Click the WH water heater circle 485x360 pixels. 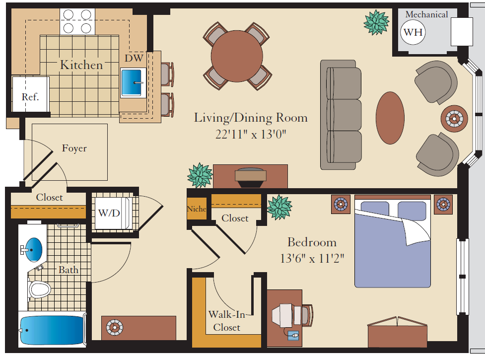413,33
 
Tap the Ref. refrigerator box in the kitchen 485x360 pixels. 30,97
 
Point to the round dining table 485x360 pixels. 237,56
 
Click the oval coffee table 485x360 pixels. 391,118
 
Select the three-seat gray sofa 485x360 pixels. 341,115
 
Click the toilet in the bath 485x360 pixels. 40,289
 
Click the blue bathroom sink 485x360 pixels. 34,249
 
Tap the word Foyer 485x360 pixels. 74,148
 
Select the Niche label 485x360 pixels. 197,209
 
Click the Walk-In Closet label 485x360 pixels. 226,321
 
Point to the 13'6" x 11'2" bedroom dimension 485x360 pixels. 312,259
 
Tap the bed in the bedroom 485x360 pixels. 392,243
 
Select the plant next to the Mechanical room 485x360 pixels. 376,22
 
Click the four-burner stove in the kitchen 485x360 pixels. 78,21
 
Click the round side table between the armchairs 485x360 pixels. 454,118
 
